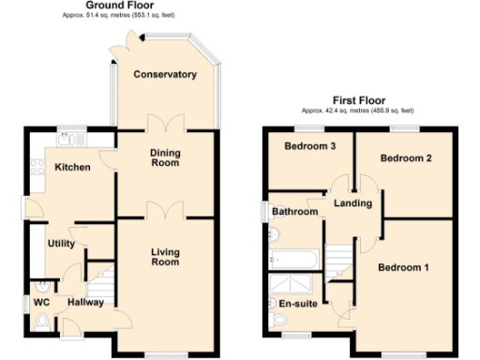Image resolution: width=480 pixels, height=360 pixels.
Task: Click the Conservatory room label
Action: pyautogui.click(x=164, y=74)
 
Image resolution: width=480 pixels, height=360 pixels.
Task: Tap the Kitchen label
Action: pyautogui.click(x=71, y=168)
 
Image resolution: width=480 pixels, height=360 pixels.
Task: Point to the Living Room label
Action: pyautogui.click(x=164, y=256)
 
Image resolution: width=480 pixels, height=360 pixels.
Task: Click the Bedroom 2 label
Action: pyautogui.click(x=405, y=158)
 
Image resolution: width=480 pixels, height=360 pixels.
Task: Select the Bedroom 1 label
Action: pyautogui.click(x=403, y=268)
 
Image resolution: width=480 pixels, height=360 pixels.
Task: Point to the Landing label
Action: pyautogui.click(x=352, y=203)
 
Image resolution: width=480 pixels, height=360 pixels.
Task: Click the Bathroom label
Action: pyautogui.click(x=293, y=213)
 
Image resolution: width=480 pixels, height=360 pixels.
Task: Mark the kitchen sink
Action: pyautogui.click(x=66, y=140)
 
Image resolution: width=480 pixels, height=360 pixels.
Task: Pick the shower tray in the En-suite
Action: pyautogui.click(x=292, y=283)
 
